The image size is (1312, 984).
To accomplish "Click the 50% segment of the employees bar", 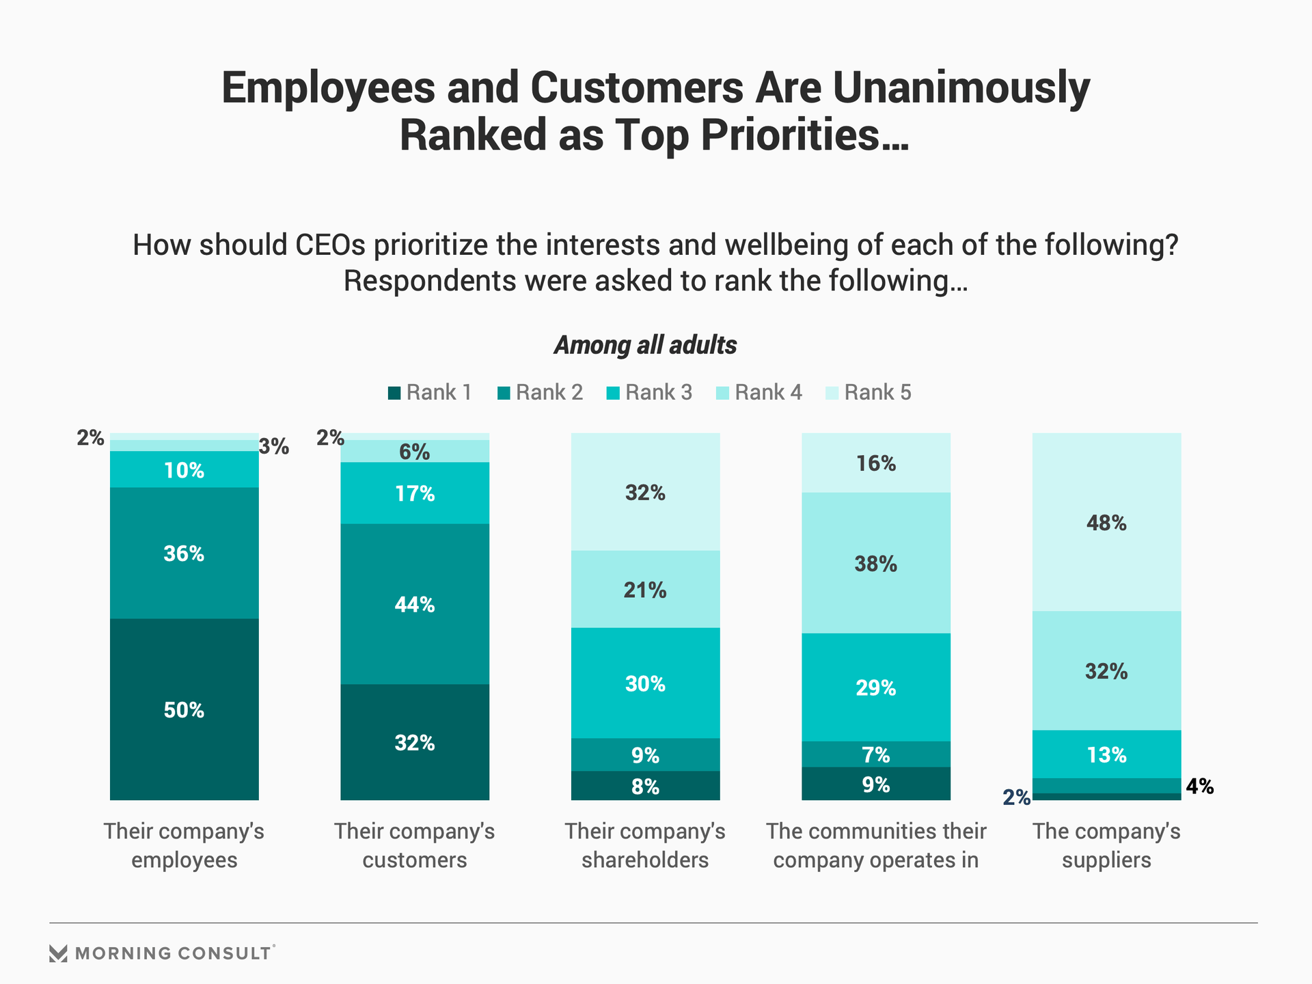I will tap(184, 709).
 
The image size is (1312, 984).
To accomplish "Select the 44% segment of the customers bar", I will tap(415, 604).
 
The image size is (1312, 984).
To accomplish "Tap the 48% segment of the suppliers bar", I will tap(1106, 523).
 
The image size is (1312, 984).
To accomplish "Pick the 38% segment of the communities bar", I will tap(875, 564).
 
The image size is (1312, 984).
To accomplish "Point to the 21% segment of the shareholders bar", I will tap(645, 590).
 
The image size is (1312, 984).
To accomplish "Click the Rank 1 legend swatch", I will tap(394, 393).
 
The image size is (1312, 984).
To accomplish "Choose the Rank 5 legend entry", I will tap(869, 393).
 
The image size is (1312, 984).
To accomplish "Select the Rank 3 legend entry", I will tap(650, 393).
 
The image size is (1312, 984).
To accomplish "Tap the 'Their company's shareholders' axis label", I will tap(645, 845).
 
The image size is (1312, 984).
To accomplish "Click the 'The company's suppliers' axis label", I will tap(1106, 845).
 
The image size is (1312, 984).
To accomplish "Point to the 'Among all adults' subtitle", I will tap(645, 345).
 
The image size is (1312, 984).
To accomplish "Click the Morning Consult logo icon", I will tap(59, 953).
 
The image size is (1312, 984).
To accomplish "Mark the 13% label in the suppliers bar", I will tap(1106, 755).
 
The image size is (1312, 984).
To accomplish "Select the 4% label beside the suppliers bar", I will tap(1199, 787).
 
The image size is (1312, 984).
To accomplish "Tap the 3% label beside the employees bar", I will tap(274, 447).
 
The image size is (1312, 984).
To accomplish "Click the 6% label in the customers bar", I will tap(415, 452).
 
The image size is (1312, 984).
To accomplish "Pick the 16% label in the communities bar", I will tap(875, 464).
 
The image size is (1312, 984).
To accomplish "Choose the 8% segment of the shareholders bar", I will tap(645, 787).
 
